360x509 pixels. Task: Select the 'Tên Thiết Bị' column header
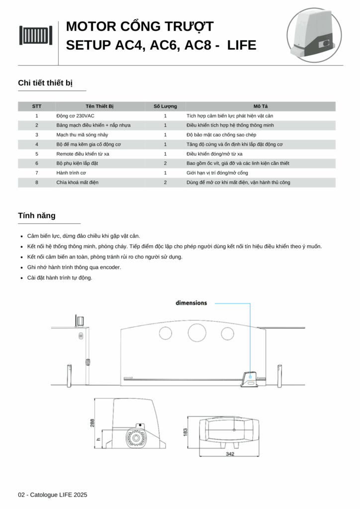click(x=99, y=106)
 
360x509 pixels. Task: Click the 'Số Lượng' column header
click(x=165, y=106)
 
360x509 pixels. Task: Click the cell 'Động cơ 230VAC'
click(x=75, y=116)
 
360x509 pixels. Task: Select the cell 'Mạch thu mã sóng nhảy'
click(x=82, y=135)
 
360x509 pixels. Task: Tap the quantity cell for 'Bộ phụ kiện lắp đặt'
click(x=165, y=163)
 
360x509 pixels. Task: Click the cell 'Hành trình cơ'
click(x=71, y=172)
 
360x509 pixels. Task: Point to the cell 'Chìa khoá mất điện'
click(x=77, y=182)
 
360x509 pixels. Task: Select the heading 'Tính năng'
click(x=37, y=216)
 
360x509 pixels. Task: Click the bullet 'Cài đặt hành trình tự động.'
click(x=60, y=278)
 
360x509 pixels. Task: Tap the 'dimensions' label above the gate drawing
click(x=191, y=303)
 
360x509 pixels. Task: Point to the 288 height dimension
click(x=92, y=423)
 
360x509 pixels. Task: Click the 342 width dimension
click(x=230, y=454)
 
